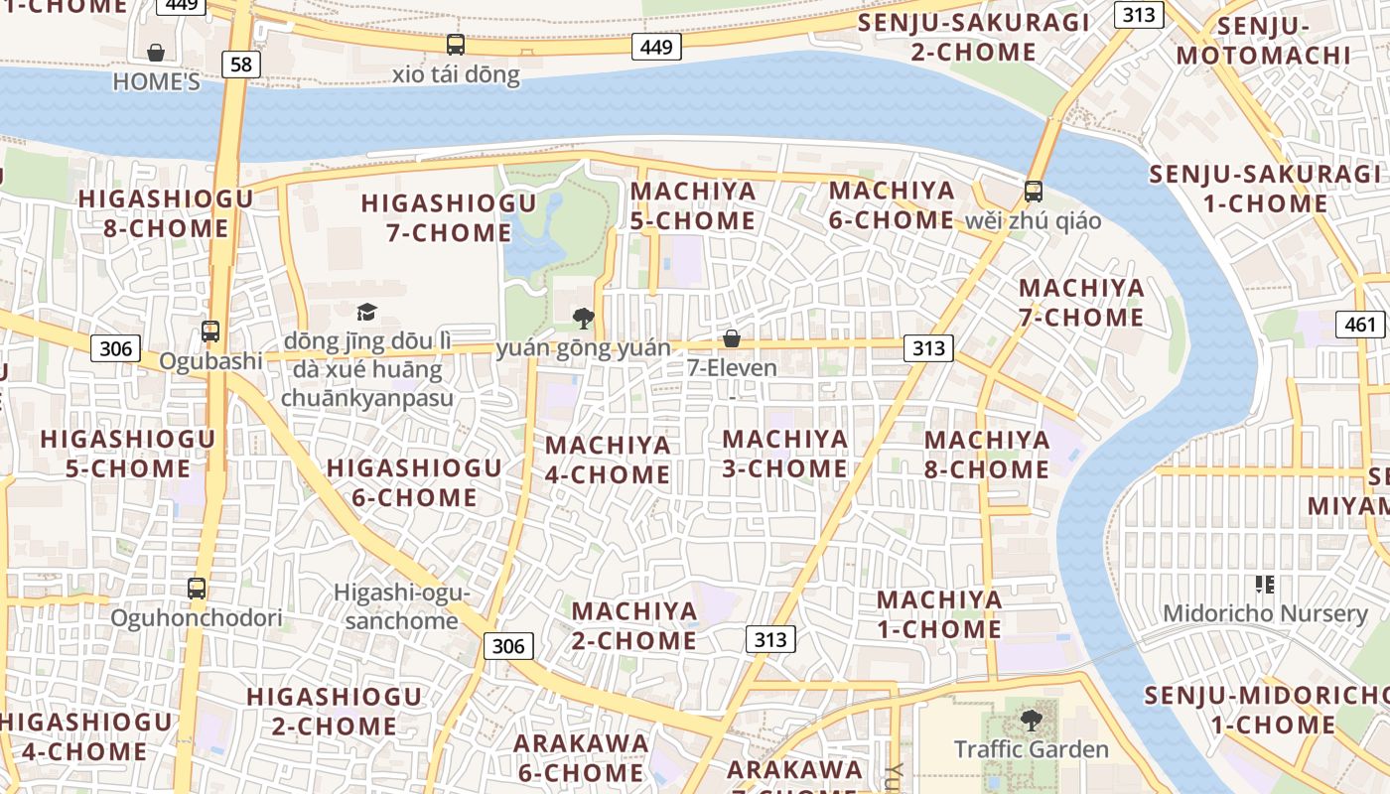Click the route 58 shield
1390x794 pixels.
[240, 65]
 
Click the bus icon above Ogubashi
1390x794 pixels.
[209, 331]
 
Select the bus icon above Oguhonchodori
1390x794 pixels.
[197, 589]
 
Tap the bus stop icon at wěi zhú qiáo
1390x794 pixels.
[1034, 192]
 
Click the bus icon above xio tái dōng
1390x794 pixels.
[456, 45]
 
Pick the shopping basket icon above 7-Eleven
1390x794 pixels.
[732, 338]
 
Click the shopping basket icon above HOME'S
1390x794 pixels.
[156, 52]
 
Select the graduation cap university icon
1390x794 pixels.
[367, 313]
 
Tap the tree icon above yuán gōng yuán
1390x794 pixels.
[584, 319]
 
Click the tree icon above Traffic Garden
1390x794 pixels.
[1032, 720]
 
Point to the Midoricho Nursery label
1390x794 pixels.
[1265, 612]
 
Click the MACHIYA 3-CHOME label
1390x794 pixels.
[784, 454]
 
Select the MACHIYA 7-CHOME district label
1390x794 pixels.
[1081, 303]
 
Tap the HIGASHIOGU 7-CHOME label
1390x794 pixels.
[449, 218]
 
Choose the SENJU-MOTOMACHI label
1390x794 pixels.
[1264, 41]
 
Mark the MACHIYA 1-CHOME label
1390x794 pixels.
[938, 614]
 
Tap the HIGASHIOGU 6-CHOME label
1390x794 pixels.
[414, 482]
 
